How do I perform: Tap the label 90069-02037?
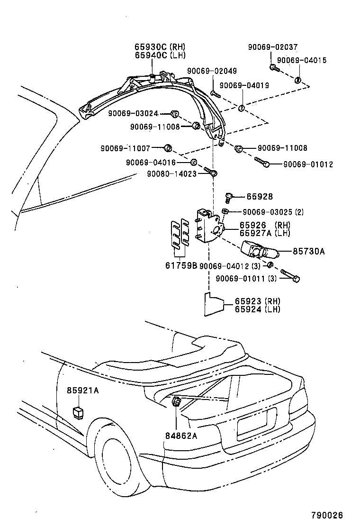[x=272, y=47]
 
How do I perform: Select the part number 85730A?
[x=308, y=252]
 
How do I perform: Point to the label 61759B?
[x=181, y=266]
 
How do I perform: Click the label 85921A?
[x=82, y=391]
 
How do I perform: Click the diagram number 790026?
[x=327, y=515]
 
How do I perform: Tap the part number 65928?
[x=259, y=197]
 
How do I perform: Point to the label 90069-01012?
[x=308, y=164]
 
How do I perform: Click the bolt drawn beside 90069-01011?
[x=289, y=276]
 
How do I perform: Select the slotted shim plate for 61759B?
[x=180, y=235]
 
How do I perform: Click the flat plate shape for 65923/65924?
[x=213, y=304]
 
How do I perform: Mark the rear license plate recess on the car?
[x=256, y=422]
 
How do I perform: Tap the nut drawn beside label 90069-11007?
[x=167, y=147]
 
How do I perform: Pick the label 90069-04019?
[x=244, y=85]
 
